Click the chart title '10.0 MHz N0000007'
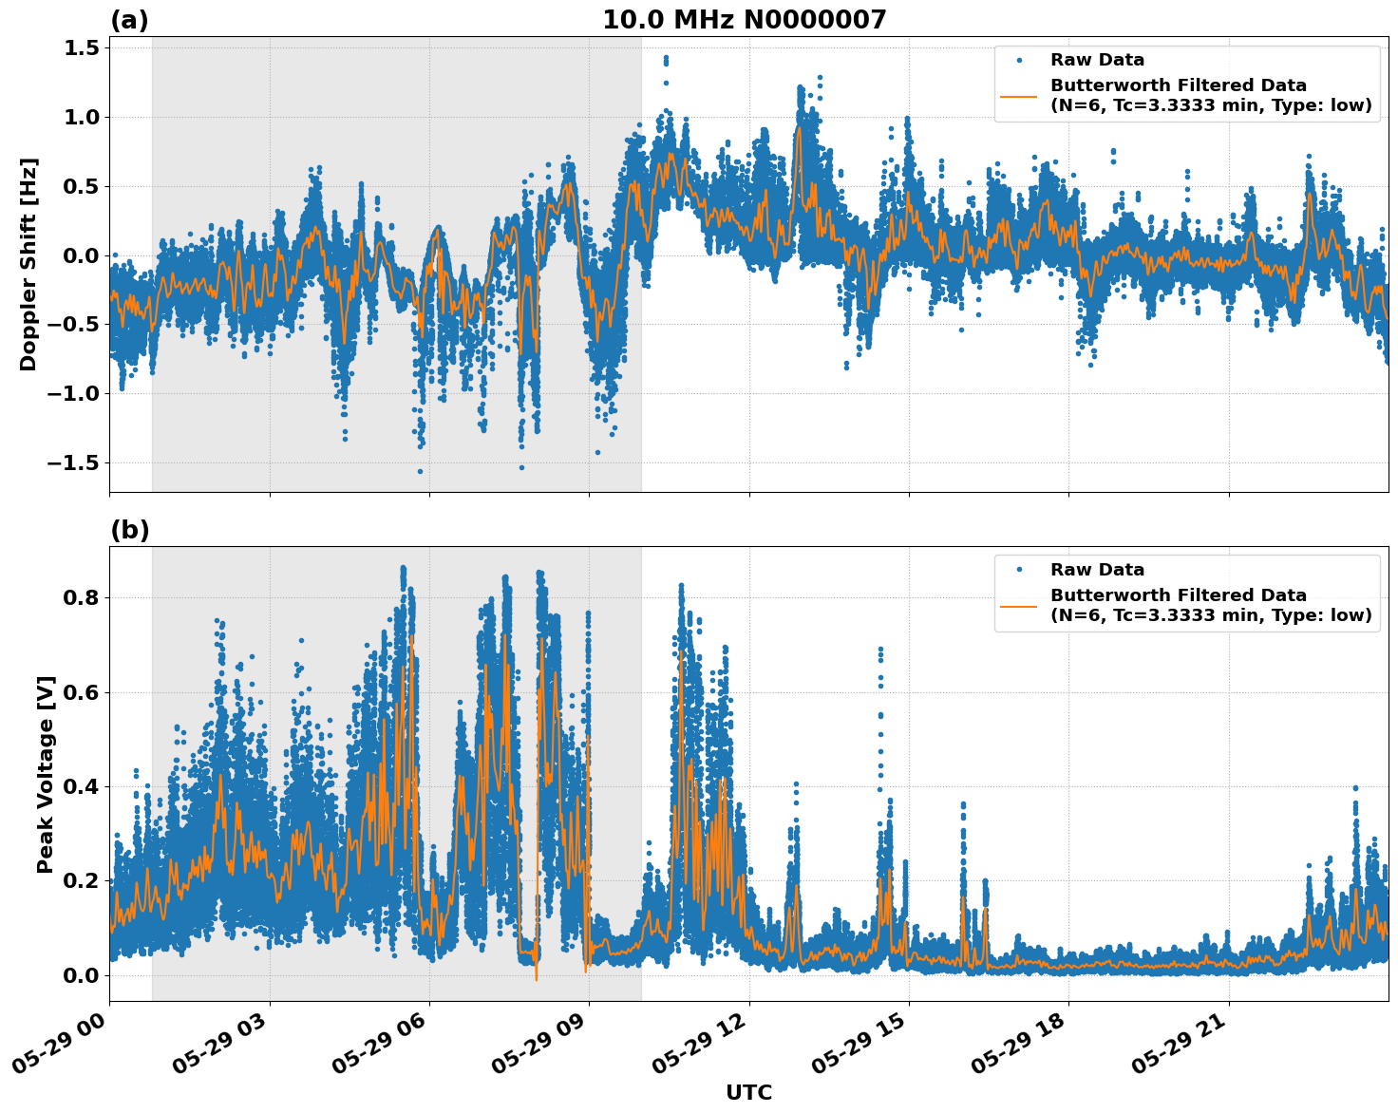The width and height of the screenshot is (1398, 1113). pyautogui.click(x=744, y=20)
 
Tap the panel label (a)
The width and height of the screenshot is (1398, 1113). pyautogui.click(x=129, y=20)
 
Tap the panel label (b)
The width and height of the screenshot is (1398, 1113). pyautogui.click(x=129, y=530)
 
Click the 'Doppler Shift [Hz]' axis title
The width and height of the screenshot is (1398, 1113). pyautogui.click(x=28, y=264)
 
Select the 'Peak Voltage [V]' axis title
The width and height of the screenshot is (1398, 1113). pyautogui.click(x=45, y=774)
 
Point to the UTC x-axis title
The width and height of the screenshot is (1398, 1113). pyautogui.click(x=748, y=1092)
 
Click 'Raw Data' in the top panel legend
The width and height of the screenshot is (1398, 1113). pyautogui.click(x=1097, y=61)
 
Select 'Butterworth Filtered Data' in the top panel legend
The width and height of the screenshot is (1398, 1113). pyautogui.click(x=1178, y=85)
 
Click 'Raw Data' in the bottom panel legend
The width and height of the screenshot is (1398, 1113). pyautogui.click(x=1097, y=571)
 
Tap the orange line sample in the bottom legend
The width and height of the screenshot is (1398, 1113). pyautogui.click(x=1019, y=606)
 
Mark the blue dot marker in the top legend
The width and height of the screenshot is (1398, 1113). pyautogui.click(x=1019, y=61)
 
